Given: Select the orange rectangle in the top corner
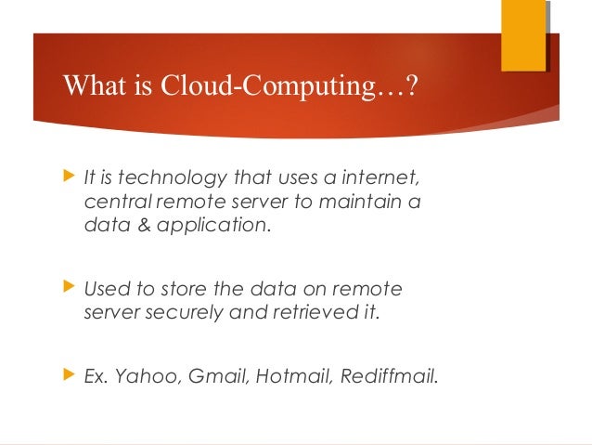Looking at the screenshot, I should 523,35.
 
